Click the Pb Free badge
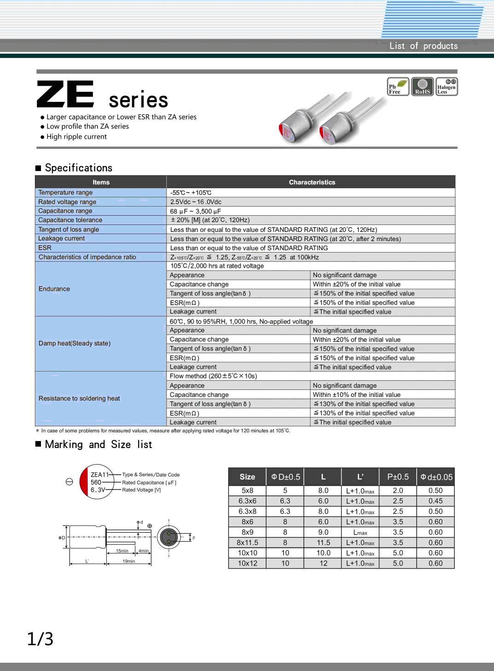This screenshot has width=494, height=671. pos(398,87)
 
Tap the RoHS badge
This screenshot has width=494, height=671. pos(422,87)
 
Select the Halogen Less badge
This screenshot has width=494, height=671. pos(446,87)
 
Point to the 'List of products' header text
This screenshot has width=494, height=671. pos(423,46)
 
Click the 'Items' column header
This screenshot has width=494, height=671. pos(101,182)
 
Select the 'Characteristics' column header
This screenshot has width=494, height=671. pos(312,182)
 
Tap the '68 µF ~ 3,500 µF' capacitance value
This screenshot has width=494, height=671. pos(196,211)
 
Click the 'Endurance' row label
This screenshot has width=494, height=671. pos(54,289)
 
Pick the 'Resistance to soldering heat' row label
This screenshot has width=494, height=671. pos(79,399)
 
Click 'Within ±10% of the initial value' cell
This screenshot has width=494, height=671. pos(357,395)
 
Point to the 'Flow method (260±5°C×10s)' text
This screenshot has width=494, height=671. pos(213,376)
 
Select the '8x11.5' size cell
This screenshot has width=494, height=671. pos(247,543)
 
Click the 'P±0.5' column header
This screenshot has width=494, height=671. pos(398,477)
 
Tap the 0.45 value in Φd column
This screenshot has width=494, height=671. pos(436,501)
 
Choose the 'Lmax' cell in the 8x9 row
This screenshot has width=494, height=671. pos(360,532)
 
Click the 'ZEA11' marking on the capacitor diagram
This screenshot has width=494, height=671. pos(99,475)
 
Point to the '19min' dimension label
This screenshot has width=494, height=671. pos(128,561)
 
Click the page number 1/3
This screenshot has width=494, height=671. pos(40,639)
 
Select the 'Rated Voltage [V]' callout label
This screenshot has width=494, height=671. pos(141,490)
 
